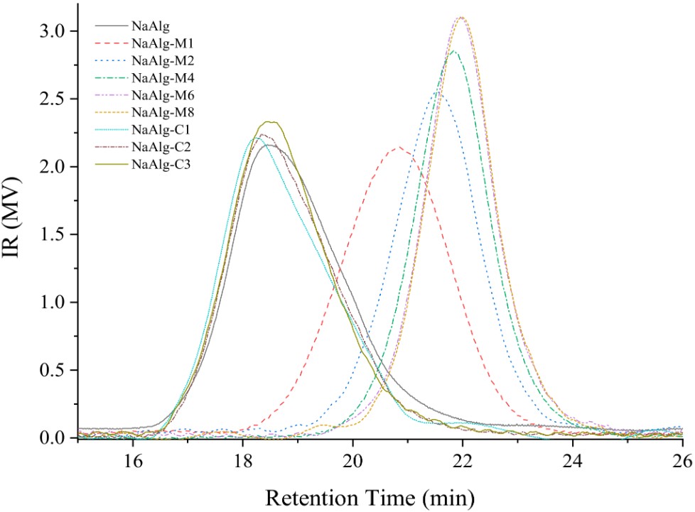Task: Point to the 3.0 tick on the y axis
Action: click(x=53, y=31)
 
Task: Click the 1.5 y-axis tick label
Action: click(x=53, y=235)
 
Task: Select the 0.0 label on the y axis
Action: click(x=53, y=438)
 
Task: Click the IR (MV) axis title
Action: click(x=19, y=234)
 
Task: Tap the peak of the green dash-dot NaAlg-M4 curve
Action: click(x=453, y=50)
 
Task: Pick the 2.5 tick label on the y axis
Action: click(x=53, y=99)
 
